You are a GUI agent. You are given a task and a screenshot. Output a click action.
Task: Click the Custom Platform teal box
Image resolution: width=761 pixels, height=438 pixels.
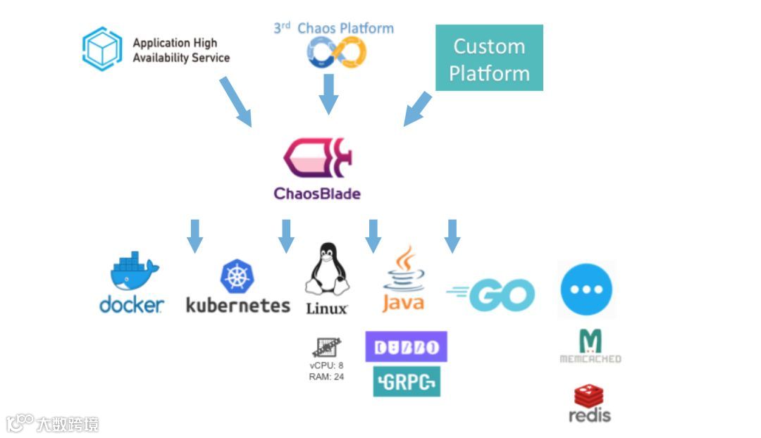point(489,58)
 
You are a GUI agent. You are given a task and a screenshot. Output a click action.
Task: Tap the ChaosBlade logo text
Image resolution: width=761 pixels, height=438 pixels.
point(317,193)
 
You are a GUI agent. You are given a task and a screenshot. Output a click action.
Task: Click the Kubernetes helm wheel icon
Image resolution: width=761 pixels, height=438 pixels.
point(237,277)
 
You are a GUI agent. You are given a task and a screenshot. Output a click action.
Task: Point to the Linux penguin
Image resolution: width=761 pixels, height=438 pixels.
point(326,272)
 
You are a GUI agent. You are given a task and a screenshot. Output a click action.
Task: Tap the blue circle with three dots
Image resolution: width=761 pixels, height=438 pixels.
point(586,289)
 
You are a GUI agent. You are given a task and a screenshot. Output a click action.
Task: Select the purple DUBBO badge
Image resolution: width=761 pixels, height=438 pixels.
point(406,346)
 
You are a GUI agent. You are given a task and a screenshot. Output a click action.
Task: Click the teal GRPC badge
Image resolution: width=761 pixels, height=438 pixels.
point(407,381)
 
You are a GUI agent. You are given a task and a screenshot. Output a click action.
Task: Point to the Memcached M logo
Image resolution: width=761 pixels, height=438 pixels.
point(590,342)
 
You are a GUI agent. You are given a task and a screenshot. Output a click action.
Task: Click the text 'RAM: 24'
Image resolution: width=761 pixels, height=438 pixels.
point(326,377)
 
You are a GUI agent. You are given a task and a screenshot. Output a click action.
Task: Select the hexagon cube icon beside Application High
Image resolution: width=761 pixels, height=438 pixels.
point(102,49)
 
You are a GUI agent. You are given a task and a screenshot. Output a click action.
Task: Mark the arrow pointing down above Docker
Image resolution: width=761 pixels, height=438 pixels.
point(195,235)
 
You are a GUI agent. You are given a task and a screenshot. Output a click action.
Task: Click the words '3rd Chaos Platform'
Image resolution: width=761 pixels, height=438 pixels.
point(334,28)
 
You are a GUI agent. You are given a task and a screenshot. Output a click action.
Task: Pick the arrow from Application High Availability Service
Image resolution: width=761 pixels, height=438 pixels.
point(235,101)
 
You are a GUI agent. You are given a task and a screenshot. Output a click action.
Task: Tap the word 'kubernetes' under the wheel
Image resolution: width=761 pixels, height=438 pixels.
point(237,306)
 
